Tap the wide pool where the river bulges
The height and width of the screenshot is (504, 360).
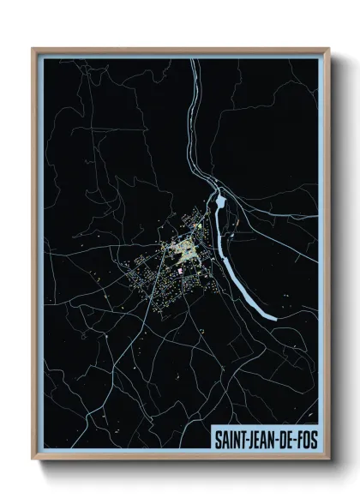coord(220,202)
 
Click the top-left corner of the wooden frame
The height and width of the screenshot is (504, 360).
coord(33,49)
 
